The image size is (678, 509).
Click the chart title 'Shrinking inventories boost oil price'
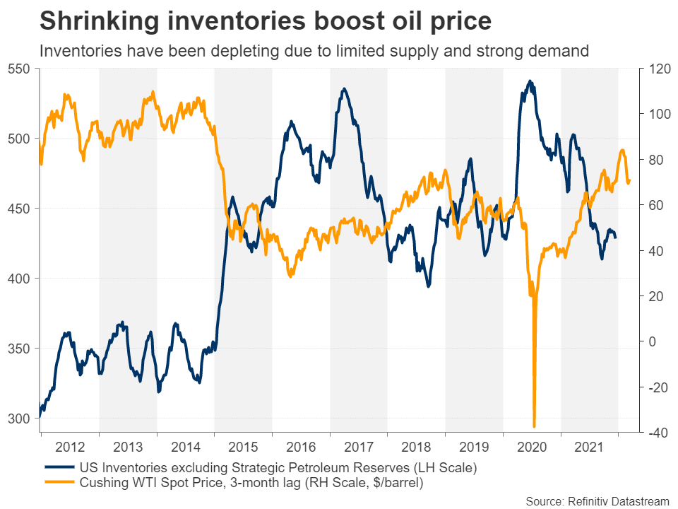265,22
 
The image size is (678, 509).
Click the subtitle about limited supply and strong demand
314,51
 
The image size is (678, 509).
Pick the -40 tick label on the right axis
654,433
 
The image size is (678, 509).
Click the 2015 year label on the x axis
242,447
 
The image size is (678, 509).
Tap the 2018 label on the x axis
416,447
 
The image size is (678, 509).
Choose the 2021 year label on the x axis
589,447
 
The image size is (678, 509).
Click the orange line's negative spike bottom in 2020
534,426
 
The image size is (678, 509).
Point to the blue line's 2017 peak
344,89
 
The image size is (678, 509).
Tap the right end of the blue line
615,237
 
